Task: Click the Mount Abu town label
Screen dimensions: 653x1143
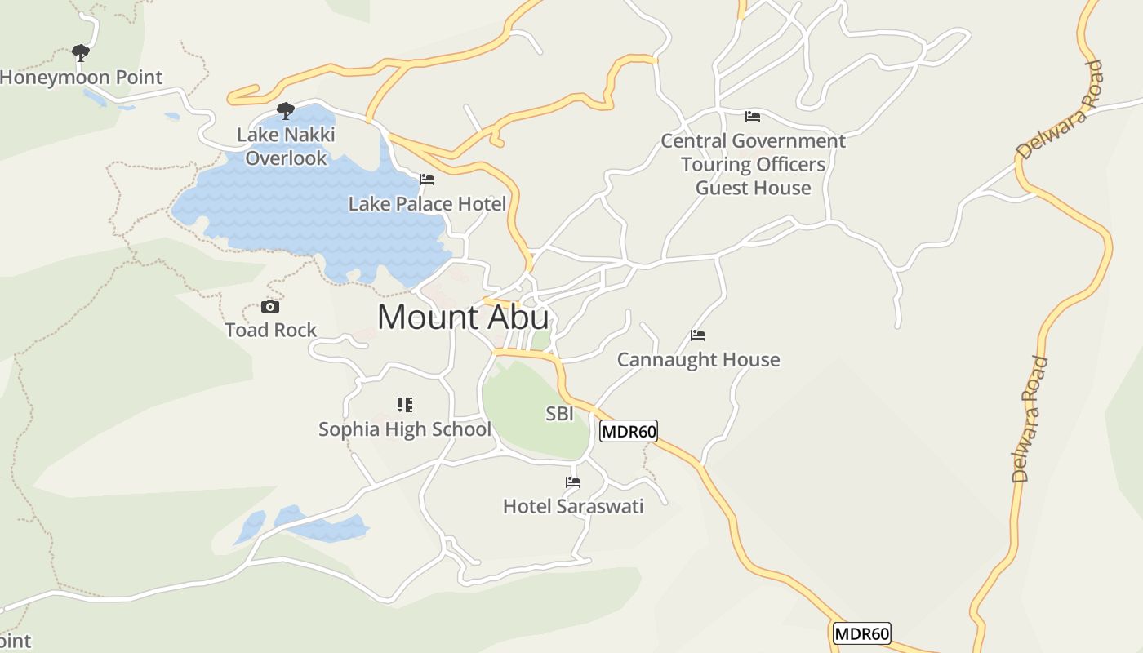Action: tap(463, 317)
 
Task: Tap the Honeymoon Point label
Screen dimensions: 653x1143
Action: tap(81, 78)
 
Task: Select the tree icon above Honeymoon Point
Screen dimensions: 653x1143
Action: tap(80, 53)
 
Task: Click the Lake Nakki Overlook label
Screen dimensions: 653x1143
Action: tap(286, 146)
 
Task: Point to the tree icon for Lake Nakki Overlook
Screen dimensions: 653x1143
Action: tap(285, 110)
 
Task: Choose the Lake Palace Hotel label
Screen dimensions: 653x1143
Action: tap(427, 204)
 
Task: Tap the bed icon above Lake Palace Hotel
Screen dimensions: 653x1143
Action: tap(427, 180)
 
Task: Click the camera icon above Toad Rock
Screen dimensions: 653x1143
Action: tap(270, 307)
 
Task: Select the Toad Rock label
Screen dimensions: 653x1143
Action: tap(271, 331)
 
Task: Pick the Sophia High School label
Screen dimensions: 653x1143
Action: tap(405, 429)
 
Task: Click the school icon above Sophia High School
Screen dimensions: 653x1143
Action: tap(405, 405)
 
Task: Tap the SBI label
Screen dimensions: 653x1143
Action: tap(559, 415)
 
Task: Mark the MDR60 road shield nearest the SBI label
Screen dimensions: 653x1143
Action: tap(629, 431)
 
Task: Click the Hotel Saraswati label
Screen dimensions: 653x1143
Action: tap(573, 507)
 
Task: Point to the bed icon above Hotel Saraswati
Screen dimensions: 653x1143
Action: tap(573, 482)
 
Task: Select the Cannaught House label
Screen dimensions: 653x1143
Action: tap(698, 360)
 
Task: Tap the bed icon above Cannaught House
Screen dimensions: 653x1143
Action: tap(698, 335)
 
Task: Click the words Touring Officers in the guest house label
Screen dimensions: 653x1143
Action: tap(753, 165)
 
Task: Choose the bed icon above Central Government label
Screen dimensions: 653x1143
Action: tap(753, 117)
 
